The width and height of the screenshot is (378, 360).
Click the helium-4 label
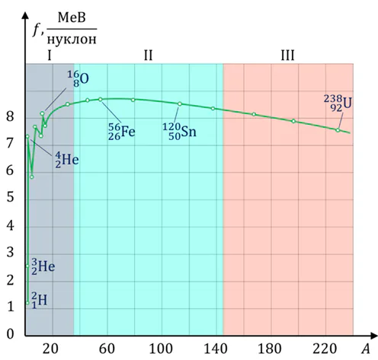pyautogui.click(x=66, y=159)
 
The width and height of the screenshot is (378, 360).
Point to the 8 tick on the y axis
pyautogui.click(x=11, y=117)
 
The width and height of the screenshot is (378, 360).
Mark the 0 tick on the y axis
pyautogui.click(x=11, y=333)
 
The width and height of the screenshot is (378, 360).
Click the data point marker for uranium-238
pyautogui.click(x=337, y=130)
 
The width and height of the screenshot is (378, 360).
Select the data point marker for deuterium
pyautogui.click(x=28, y=303)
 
